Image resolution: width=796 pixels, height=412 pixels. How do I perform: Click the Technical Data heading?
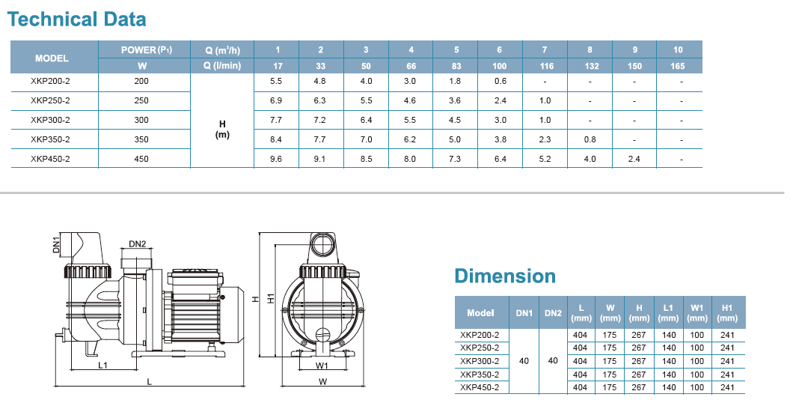(x=76, y=19)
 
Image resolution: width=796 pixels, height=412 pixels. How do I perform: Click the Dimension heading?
(x=505, y=276)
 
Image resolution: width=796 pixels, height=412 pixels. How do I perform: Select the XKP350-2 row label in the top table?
(x=50, y=139)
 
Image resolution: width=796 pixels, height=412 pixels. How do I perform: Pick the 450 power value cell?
(x=141, y=159)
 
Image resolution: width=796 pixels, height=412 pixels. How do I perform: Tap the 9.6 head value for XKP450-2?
(x=276, y=159)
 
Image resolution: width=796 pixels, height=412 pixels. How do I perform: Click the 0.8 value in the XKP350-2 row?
(x=590, y=139)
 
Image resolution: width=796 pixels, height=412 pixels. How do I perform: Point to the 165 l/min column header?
(x=678, y=66)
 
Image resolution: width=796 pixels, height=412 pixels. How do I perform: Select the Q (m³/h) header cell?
(x=222, y=49)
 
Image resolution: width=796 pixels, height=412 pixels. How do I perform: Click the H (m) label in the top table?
(x=222, y=130)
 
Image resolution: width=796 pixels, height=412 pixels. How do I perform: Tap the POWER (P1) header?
(x=146, y=49)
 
